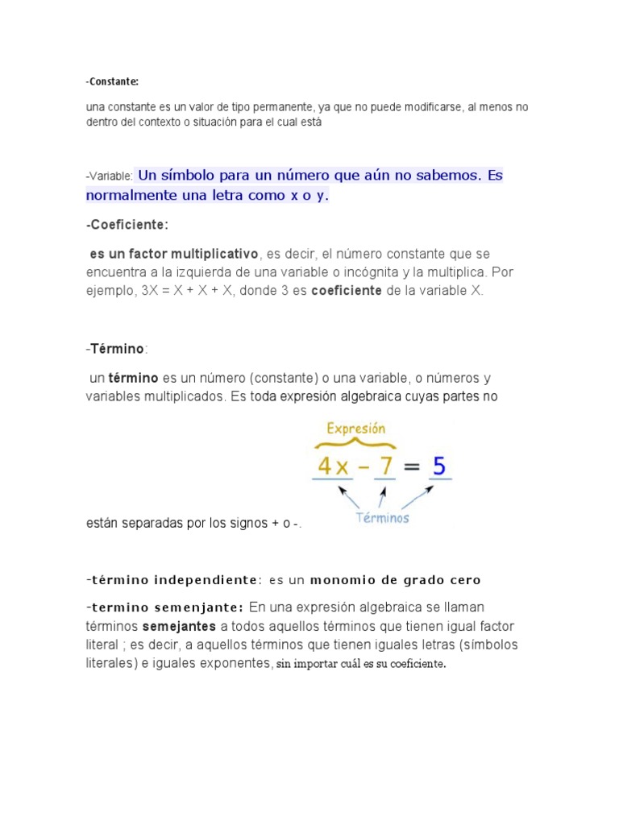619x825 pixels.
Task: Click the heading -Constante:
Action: point(112,81)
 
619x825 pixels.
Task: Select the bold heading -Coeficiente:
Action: point(127,224)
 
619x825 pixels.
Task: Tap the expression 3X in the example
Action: point(149,291)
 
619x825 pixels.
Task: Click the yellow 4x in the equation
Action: point(333,466)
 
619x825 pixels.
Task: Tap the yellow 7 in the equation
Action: point(384,466)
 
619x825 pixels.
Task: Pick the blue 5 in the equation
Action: point(439,466)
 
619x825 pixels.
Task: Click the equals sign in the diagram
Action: point(412,466)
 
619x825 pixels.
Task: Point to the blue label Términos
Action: point(382,518)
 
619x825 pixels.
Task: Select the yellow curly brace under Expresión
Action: point(356,444)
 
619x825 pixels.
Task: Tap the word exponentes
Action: point(232,663)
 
